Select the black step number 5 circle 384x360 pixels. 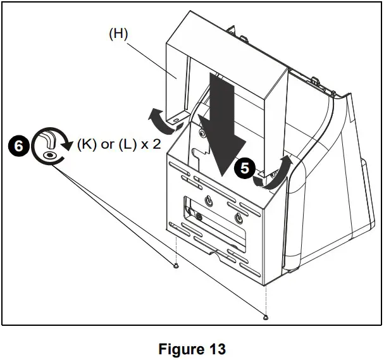coord(244,168)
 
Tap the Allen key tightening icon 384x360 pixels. coord(49,146)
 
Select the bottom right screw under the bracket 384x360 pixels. coord(267,316)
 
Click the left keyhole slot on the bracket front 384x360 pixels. coord(208,202)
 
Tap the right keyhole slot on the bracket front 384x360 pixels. coord(238,219)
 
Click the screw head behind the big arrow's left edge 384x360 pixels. coord(202,133)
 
